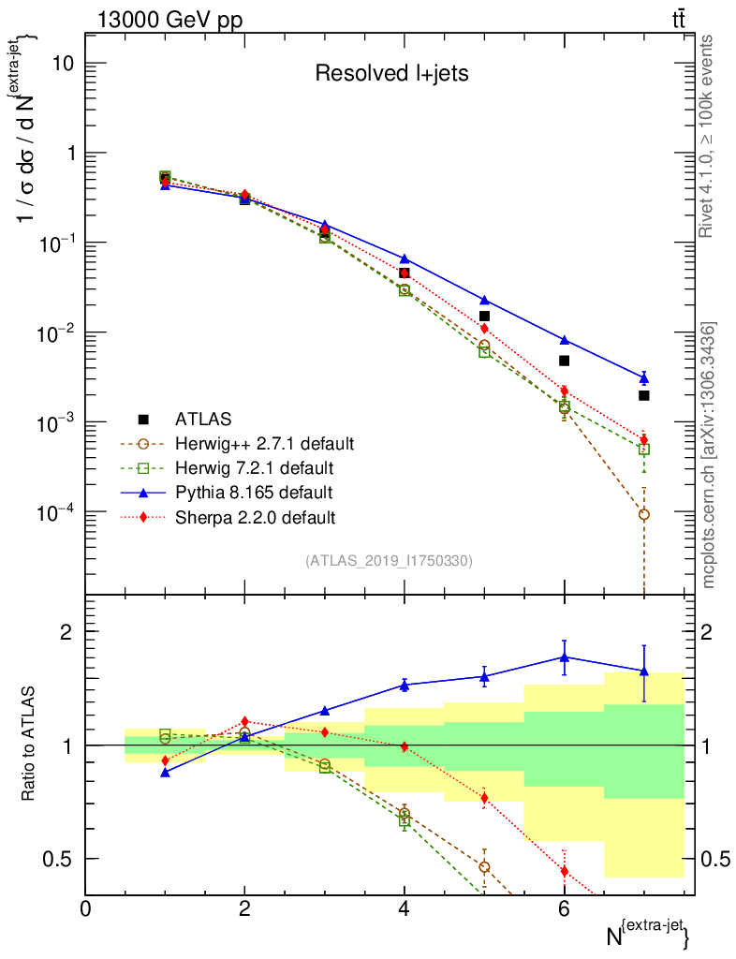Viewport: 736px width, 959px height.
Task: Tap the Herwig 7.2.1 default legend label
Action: tap(255, 467)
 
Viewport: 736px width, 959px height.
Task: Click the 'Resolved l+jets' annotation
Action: tap(391, 74)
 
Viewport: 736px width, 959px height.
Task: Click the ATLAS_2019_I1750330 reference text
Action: tap(389, 561)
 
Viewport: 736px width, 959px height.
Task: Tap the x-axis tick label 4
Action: tap(404, 908)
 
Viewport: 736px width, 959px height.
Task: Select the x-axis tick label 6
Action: tap(563, 908)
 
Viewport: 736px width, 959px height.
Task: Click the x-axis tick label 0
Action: tap(85, 908)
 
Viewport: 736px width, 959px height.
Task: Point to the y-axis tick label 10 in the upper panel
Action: tap(62, 64)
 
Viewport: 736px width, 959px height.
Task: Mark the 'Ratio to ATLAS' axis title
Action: tap(29, 745)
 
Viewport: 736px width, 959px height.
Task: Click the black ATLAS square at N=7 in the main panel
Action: tap(643, 395)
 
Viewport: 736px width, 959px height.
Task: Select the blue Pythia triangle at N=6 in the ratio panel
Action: tap(564, 657)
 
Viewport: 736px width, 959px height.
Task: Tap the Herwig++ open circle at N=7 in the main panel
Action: tap(643, 514)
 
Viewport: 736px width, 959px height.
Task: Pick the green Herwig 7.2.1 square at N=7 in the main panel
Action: tap(643, 450)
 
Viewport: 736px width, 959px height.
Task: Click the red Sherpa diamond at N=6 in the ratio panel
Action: tap(564, 871)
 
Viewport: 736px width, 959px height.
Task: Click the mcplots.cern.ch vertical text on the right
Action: tap(710, 455)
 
